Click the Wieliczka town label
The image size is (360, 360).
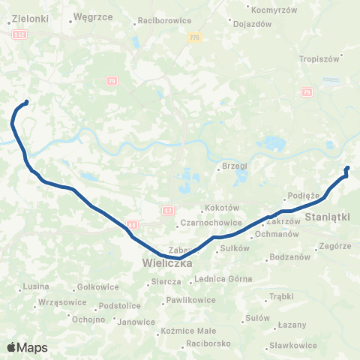point(168,264)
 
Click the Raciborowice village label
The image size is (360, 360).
point(164,21)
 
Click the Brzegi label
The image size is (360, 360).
point(234,166)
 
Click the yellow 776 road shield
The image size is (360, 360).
point(195,37)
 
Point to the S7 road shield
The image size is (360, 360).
point(168,211)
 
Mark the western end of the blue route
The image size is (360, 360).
point(26,102)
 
